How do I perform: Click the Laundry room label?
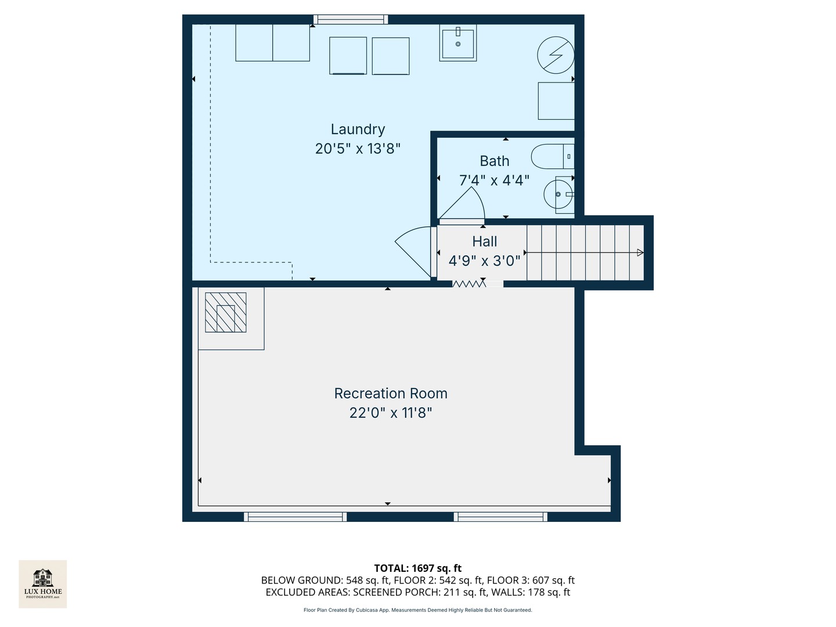(x=358, y=129)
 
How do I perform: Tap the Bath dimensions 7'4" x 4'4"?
(x=494, y=181)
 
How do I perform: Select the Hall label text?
(x=484, y=242)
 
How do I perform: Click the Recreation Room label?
(x=391, y=394)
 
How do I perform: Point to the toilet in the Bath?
(x=552, y=157)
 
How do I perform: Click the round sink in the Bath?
(x=557, y=194)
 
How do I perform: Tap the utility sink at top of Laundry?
(x=458, y=42)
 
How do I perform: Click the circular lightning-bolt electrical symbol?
(x=556, y=55)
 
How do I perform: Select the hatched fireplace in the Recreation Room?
(x=226, y=312)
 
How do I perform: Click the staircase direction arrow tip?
(x=640, y=253)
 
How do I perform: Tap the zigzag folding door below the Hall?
(x=469, y=284)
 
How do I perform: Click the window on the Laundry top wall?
(x=351, y=20)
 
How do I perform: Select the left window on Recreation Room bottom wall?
(x=295, y=517)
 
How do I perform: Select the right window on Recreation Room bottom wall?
(x=500, y=517)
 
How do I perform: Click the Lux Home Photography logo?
(x=43, y=583)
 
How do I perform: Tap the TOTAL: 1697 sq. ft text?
(x=417, y=568)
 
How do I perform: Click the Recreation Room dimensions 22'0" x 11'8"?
(x=391, y=413)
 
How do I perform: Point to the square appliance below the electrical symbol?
(x=556, y=101)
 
